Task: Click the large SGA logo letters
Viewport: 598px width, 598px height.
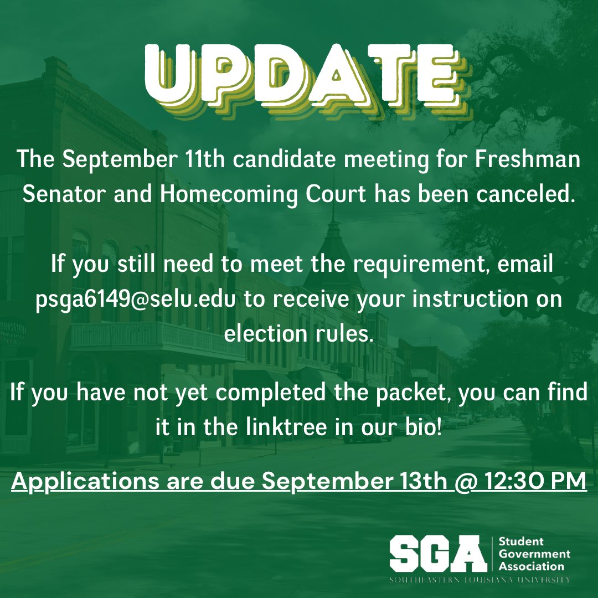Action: point(436,554)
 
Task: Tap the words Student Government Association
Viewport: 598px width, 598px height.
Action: point(534,554)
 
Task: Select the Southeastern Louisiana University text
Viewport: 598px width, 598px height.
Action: point(480,580)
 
